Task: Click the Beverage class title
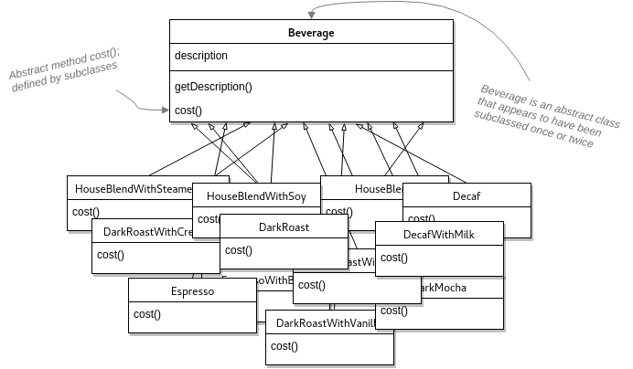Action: click(311, 32)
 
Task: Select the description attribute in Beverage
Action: click(201, 56)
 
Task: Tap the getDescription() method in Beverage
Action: click(213, 87)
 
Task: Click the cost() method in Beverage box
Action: click(188, 111)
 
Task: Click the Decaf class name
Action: click(467, 195)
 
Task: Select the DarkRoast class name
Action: click(284, 227)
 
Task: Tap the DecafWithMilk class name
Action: click(439, 235)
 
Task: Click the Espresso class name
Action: click(192, 291)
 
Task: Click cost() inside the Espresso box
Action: click(147, 315)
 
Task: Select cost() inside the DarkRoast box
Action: click(239, 250)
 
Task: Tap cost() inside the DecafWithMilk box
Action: click(394, 258)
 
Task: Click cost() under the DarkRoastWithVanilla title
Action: click(284, 346)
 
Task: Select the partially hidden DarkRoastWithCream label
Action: click(146, 232)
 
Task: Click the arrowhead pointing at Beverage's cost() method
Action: click(165, 111)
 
